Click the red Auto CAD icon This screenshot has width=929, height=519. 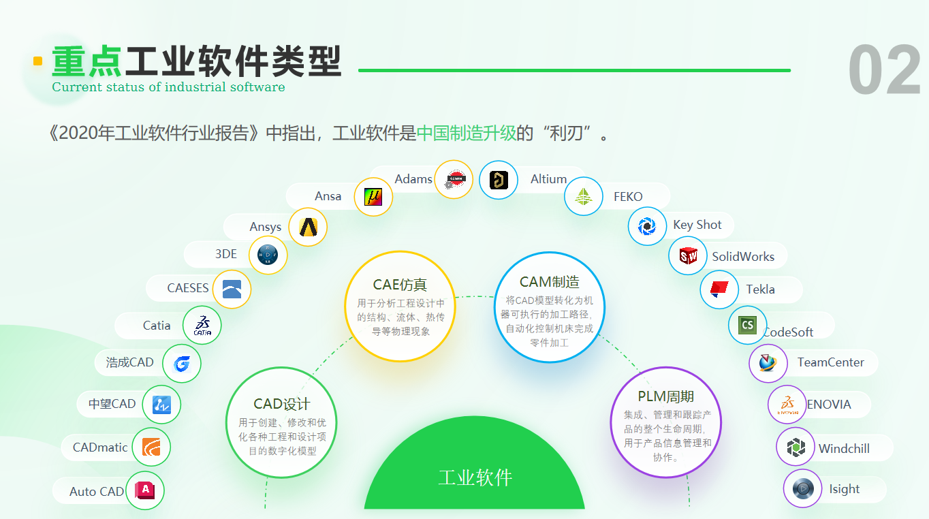point(145,490)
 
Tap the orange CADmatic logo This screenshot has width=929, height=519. point(151,447)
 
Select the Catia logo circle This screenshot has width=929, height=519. point(202,326)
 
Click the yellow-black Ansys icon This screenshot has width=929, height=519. point(308,227)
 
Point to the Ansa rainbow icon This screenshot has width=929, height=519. point(373,197)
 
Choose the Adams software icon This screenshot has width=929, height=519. point(454,180)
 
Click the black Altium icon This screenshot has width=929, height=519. point(499,180)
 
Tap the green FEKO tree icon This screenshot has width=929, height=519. point(583,196)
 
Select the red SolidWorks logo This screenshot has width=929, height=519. point(689,256)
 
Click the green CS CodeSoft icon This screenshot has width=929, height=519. point(747,325)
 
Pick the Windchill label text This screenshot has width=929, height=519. point(844,448)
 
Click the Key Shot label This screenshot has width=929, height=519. point(697,225)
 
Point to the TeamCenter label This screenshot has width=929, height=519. point(831,362)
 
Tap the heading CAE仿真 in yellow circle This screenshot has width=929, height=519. point(400,285)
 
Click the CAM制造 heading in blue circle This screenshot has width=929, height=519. point(549,282)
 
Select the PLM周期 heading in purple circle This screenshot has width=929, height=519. point(665,396)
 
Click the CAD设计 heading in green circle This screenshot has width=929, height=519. point(281,404)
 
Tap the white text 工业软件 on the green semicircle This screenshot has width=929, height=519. point(475,477)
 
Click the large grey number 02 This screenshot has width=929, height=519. point(884,69)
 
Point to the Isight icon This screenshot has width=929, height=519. point(803,488)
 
